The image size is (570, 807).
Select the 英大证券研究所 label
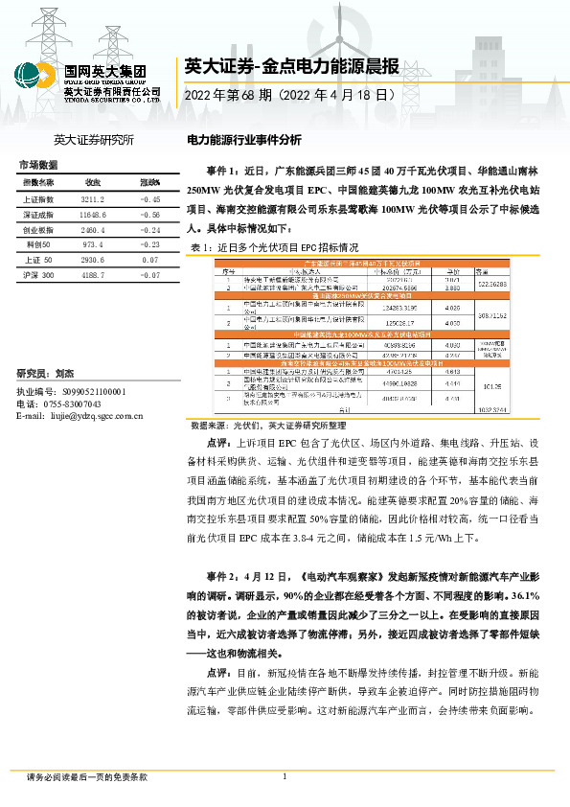[x=93, y=140]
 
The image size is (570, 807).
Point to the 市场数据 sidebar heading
[x=39, y=165]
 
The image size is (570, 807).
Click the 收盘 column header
[x=93, y=182]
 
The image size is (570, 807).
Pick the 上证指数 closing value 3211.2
[x=93, y=199]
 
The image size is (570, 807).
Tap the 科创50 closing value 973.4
[x=93, y=244]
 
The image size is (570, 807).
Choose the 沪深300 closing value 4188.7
[x=93, y=275]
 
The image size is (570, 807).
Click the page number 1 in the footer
[x=285, y=776]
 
